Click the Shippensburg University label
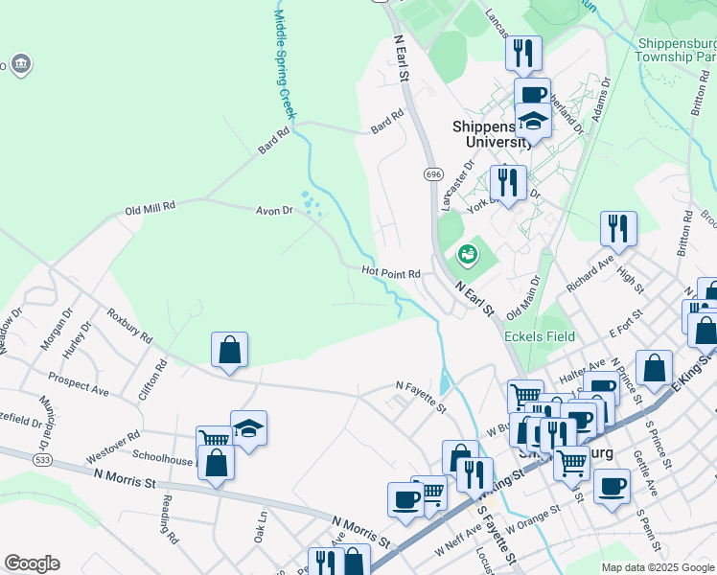pyautogui.click(x=492, y=133)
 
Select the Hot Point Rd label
pyautogui.click(x=391, y=273)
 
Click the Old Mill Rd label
pyautogui.click(x=150, y=207)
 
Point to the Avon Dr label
pyautogui.click(x=273, y=211)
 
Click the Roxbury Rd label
pyautogui.click(x=129, y=326)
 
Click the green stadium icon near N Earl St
pyautogui.click(x=468, y=254)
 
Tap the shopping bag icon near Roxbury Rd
pyautogui.click(x=230, y=350)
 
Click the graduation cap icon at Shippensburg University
pyautogui.click(x=533, y=122)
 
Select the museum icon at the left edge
pyautogui.click(x=22, y=65)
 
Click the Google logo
pyautogui.click(x=32, y=563)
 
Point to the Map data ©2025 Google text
pyautogui.click(x=658, y=567)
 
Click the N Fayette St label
pyautogui.click(x=422, y=394)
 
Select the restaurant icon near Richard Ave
pyautogui.click(x=618, y=228)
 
